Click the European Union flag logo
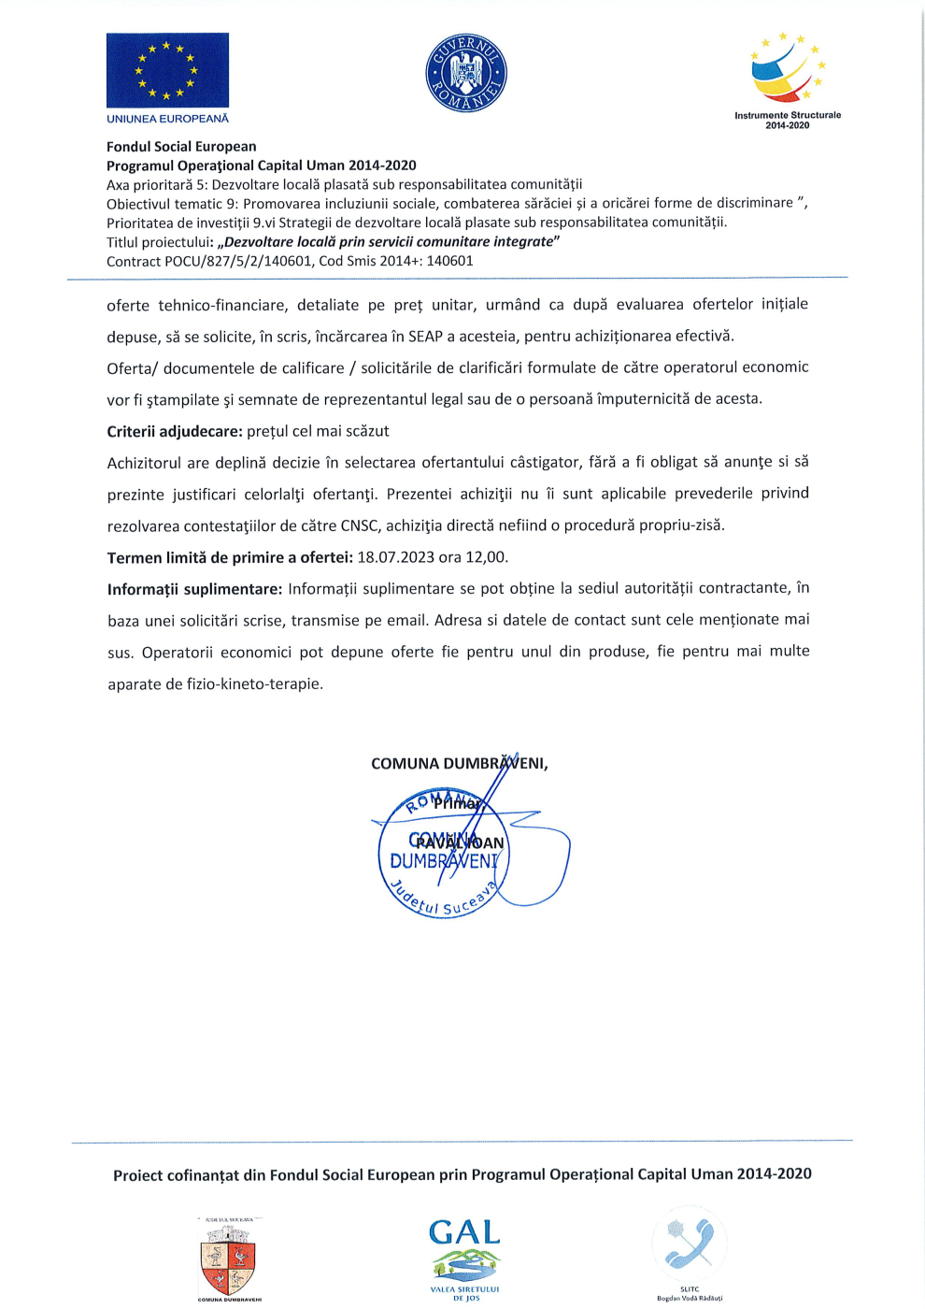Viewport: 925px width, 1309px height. click(167, 70)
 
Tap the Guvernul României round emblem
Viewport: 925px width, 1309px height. click(465, 73)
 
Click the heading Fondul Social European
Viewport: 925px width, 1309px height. click(181, 147)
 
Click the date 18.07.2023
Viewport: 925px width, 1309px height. click(395, 557)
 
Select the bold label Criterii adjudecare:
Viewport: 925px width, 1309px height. click(175, 431)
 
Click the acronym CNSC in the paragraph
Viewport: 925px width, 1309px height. click(360, 525)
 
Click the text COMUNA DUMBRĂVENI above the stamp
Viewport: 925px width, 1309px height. click(458, 764)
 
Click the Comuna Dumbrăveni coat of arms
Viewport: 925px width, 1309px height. click(228, 1258)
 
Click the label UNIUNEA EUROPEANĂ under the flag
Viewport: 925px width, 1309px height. click(167, 119)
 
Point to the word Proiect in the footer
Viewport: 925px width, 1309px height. click(137, 1176)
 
